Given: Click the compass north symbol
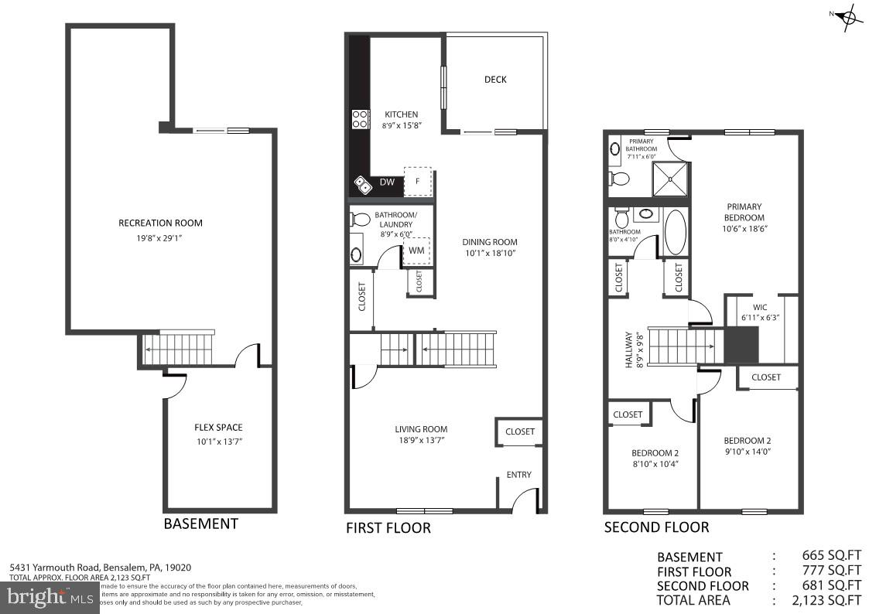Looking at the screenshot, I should point(849,17).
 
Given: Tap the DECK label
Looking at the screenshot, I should point(495,80).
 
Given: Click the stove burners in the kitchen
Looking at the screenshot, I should point(361,118).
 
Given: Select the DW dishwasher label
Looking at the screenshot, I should point(388,182).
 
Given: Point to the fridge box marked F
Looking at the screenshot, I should point(418,182).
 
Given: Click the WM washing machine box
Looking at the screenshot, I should point(416,251).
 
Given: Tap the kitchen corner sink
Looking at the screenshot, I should point(362,183).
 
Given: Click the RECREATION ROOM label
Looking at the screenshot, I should point(160,223).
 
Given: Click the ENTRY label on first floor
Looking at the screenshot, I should point(518,475).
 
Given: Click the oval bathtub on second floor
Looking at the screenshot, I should point(676,233).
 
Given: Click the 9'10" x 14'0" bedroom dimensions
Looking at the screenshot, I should point(747,452).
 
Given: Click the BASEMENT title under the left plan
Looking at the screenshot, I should point(200,524).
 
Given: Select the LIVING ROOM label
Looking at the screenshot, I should point(421,429).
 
